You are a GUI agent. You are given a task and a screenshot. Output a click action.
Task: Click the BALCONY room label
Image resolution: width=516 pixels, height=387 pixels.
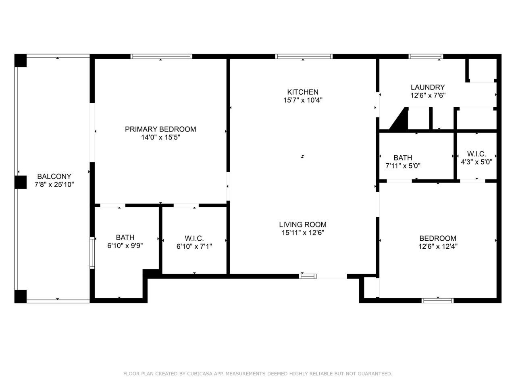(54, 176)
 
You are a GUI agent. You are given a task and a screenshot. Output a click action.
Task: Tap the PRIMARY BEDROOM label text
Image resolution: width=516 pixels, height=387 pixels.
(160, 129)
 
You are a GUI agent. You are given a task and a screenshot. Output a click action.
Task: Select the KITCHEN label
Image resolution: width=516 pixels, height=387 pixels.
(302, 92)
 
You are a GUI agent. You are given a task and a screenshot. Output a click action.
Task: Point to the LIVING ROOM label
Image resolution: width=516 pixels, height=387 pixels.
(302, 225)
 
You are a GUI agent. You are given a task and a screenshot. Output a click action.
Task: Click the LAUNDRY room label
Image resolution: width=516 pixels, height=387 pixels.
(427, 87)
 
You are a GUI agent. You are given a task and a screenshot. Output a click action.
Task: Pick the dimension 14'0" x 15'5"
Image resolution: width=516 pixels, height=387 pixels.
(160, 137)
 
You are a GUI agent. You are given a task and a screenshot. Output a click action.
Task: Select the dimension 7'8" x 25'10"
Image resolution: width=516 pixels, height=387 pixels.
(54, 185)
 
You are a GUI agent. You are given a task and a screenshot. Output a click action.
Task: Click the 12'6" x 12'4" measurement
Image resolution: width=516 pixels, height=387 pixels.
(437, 246)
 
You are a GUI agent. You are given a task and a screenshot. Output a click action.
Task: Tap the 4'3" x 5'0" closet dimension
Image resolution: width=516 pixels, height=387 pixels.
(476, 162)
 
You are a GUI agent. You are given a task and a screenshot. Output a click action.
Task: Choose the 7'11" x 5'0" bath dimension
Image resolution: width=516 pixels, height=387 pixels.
(403, 165)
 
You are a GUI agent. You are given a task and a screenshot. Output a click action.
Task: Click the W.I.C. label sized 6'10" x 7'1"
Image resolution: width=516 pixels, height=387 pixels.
(194, 238)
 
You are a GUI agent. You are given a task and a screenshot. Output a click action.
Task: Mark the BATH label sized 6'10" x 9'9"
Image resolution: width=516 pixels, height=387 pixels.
(125, 237)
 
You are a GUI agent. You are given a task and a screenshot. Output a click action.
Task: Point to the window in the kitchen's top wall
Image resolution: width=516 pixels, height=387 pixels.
(304, 56)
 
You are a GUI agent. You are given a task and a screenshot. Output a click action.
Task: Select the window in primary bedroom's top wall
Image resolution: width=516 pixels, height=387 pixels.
(161, 56)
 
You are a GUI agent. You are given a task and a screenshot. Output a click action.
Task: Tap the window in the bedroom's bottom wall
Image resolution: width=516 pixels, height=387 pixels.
(437, 300)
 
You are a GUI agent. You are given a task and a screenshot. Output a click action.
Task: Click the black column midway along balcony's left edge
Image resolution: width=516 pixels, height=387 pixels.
(20, 182)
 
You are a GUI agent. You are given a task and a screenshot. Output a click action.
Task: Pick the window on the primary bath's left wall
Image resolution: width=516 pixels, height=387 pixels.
(92, 253)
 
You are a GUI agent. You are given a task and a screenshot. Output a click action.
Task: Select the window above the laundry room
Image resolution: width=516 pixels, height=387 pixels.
(426, 56)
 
